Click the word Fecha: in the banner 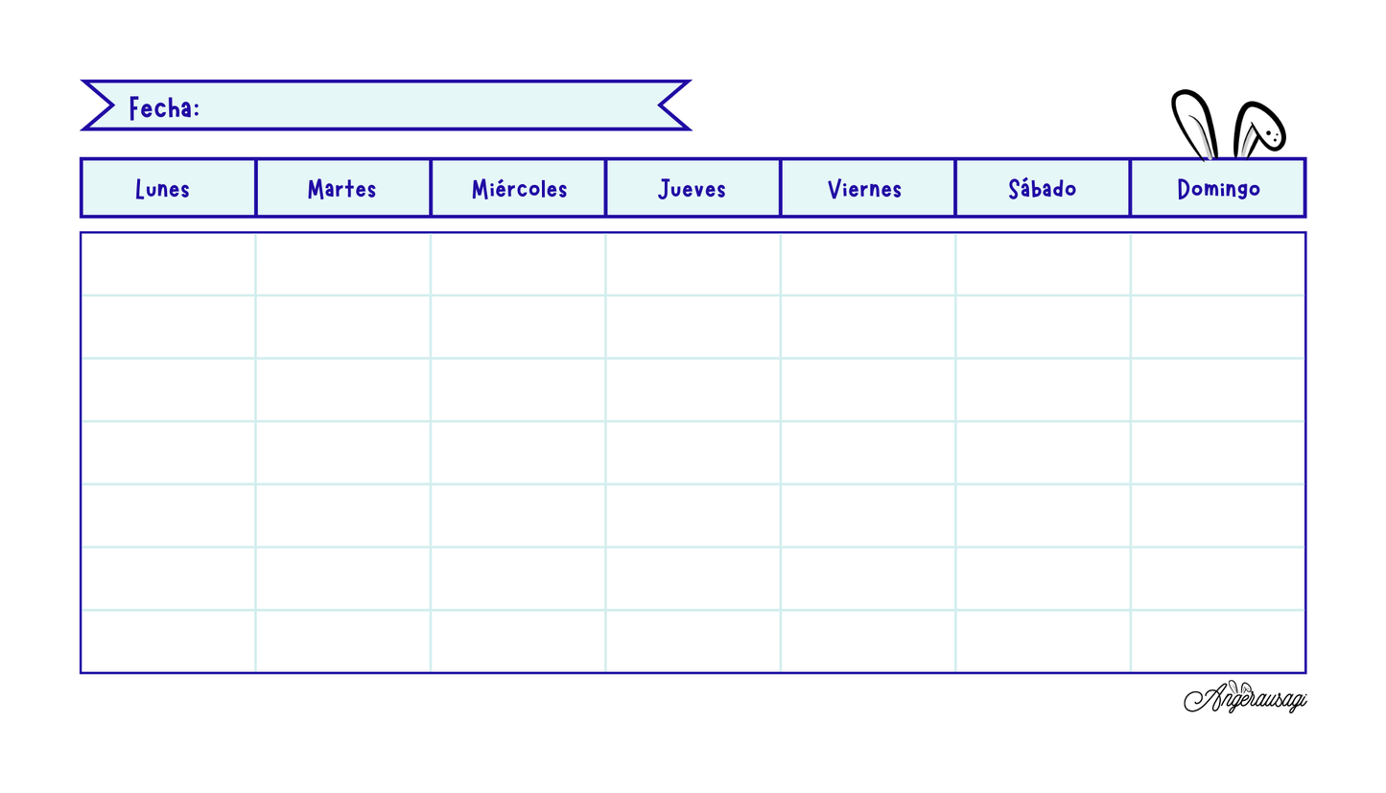[164, 107]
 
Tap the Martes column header [342, 188]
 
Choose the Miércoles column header [518, 188]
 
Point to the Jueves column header [693, 188]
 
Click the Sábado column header [1043, 188]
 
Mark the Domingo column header [1218, 188]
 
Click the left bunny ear [1193, 122]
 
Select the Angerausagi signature [1245, 697]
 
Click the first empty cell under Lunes [169, 264]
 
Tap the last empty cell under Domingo [1218, 641]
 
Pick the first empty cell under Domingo [1218, 264]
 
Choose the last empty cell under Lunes [169, 641]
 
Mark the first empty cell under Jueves [693, 264]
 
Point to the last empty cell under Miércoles [518, 641]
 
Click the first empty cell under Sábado [1043, 264]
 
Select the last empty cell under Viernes [867, 641]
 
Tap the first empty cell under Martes [342, 264]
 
